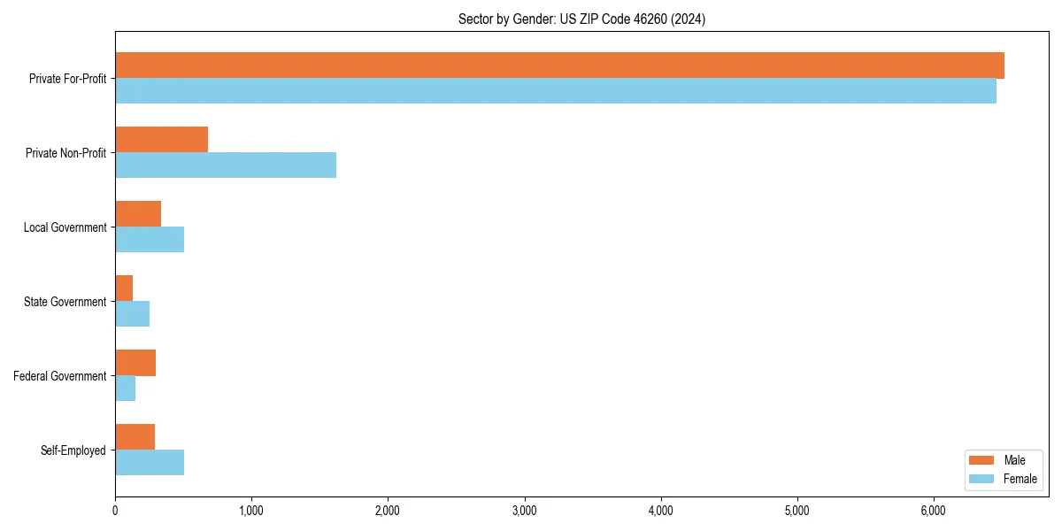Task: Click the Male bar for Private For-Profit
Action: pos(559,65)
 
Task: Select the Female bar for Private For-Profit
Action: pos(556,91)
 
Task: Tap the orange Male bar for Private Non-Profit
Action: pos(161,140)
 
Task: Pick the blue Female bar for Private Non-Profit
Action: pos(226,165)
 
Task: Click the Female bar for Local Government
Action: pos(150,240)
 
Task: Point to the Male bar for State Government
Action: pos(124,289)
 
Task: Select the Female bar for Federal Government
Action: pos(125,389)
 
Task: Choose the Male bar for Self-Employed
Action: pos(135,437)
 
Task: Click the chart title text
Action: pos(581,19)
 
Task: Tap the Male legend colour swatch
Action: pos(982,460)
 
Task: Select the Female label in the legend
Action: pos(1020,479)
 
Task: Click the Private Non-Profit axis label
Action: pos(65,153)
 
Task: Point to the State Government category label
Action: pos(65,302)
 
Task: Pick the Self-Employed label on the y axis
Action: pos(73,450)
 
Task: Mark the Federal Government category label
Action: pos(60,376)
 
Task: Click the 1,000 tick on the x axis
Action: pos(251,511)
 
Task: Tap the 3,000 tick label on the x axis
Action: pos(525,511)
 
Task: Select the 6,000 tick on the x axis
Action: pos(934,511)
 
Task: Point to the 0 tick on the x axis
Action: pos(115,511)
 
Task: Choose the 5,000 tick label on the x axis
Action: pos(797,511)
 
